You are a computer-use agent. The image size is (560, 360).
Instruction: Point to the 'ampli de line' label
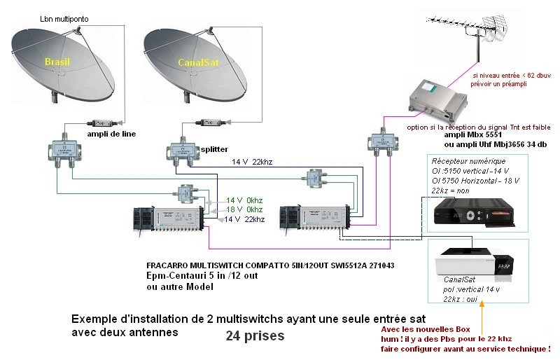pyautogui.click(x=111, y=134)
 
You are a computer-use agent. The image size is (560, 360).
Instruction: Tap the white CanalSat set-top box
pyautogui.click(x=474, y=263)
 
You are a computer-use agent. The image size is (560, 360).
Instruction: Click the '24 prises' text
pyautogui.click(x=255, y=335)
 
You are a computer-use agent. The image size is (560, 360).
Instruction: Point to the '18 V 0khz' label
pyautogui.click(x=244, y=209)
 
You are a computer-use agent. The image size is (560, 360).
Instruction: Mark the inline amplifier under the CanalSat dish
pyautogui.click(x=206, y=120)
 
